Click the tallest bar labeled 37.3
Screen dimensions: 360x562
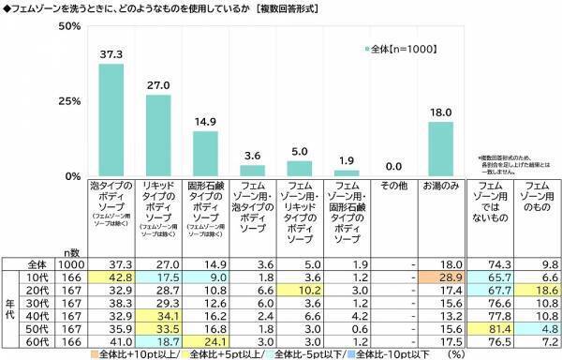tap(111, 120)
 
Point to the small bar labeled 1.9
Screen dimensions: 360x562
tap(347, 173)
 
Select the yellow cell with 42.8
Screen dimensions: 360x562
tap(111, 280)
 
